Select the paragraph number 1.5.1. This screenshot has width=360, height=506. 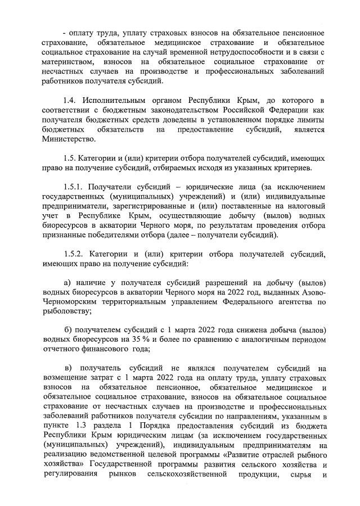point(74,187)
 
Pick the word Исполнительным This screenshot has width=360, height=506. point(114,100)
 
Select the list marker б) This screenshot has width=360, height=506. point(66,329)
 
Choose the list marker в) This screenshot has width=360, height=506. point(67,367)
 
